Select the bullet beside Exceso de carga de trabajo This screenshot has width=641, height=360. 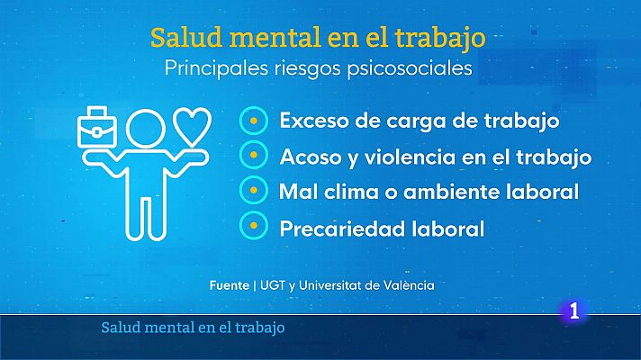click(255, 120)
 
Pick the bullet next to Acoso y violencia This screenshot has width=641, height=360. click(255, 156)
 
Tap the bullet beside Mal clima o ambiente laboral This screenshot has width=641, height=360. click(255, 192)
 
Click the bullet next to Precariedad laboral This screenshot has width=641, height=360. click(255, 228)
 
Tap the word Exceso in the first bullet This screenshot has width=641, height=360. click(311, 120)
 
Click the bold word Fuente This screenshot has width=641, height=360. click(229, 285)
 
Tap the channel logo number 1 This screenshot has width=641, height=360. click(574, 313)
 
